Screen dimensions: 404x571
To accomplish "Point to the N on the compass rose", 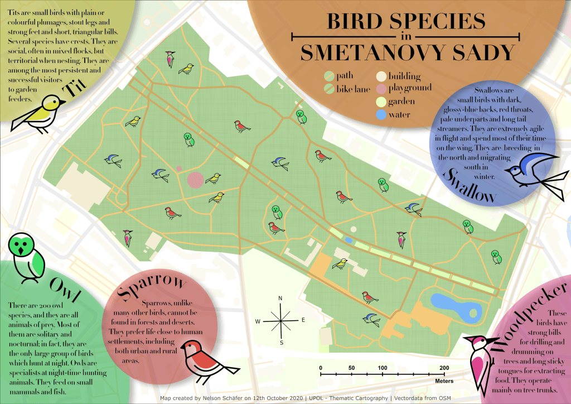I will pos(280,298).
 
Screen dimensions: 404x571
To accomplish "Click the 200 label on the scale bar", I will pos(444,368).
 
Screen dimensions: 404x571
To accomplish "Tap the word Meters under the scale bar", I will pos(444,382).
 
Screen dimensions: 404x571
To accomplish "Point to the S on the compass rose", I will pos(281,342).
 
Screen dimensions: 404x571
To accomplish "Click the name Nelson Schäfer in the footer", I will pos(229,398).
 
